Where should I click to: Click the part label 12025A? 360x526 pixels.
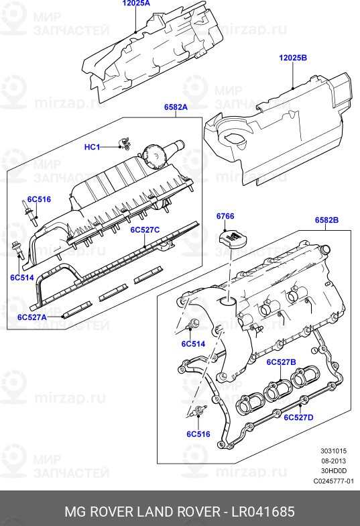[136, 3]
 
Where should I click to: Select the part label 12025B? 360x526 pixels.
[293, 58]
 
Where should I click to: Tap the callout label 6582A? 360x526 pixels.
[176, 107]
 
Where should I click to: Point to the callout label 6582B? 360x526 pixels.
[326, 220]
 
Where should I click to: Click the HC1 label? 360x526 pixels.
[92, 147]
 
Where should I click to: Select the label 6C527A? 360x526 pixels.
[32, 317]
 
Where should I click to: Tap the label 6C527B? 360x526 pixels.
[281, 362]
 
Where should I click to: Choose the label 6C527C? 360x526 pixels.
[145, 229]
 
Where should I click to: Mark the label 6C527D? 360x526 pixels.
[298, 417]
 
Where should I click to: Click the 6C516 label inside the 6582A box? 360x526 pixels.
[38, 199]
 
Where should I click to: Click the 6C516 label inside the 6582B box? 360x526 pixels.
[198, 434]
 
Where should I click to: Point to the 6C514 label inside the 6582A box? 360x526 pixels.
[22, 276]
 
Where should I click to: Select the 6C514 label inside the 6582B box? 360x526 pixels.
[192, 344]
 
